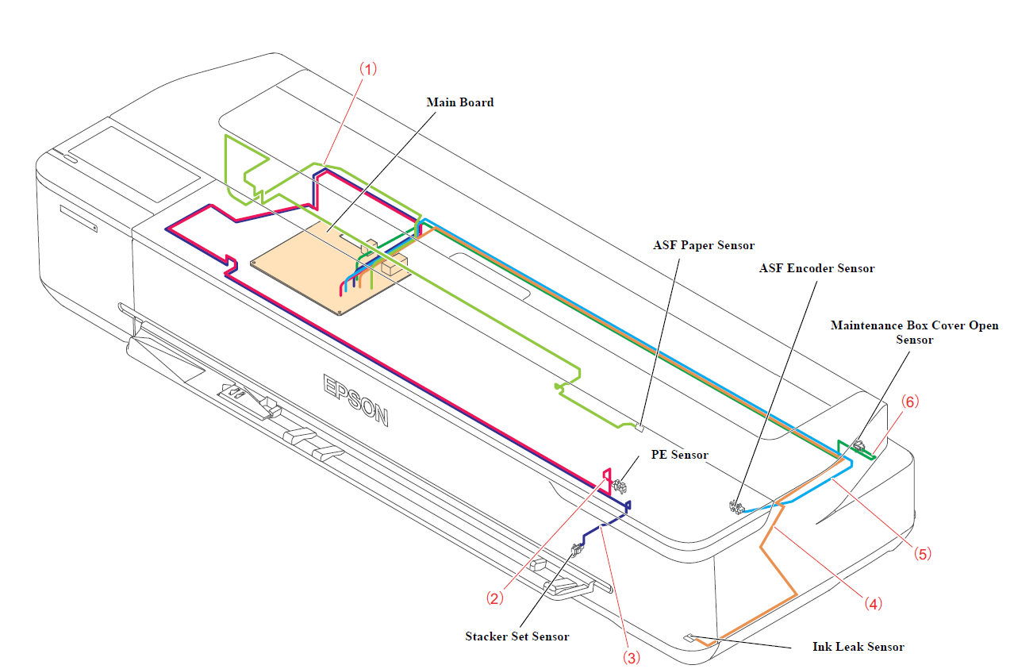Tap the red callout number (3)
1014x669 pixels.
[x=631, y=656]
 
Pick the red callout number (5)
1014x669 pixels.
[x=922, y=554]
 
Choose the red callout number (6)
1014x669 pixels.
[x=909, y=402]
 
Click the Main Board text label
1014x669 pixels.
[x=460, y=102]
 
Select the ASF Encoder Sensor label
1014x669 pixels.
[x=816, y=268]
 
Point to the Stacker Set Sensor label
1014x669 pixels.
[x=517, y=636]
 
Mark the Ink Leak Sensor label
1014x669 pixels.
[x=858, y=647]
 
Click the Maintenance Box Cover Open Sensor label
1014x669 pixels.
[x=914, y=333]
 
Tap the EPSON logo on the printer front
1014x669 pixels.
[x=355, y=400]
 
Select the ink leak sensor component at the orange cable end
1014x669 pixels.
[x=689, y=636]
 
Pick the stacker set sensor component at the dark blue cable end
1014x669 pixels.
[x=578, y=548]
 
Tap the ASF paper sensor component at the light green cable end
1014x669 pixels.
[x=639, y=427]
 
